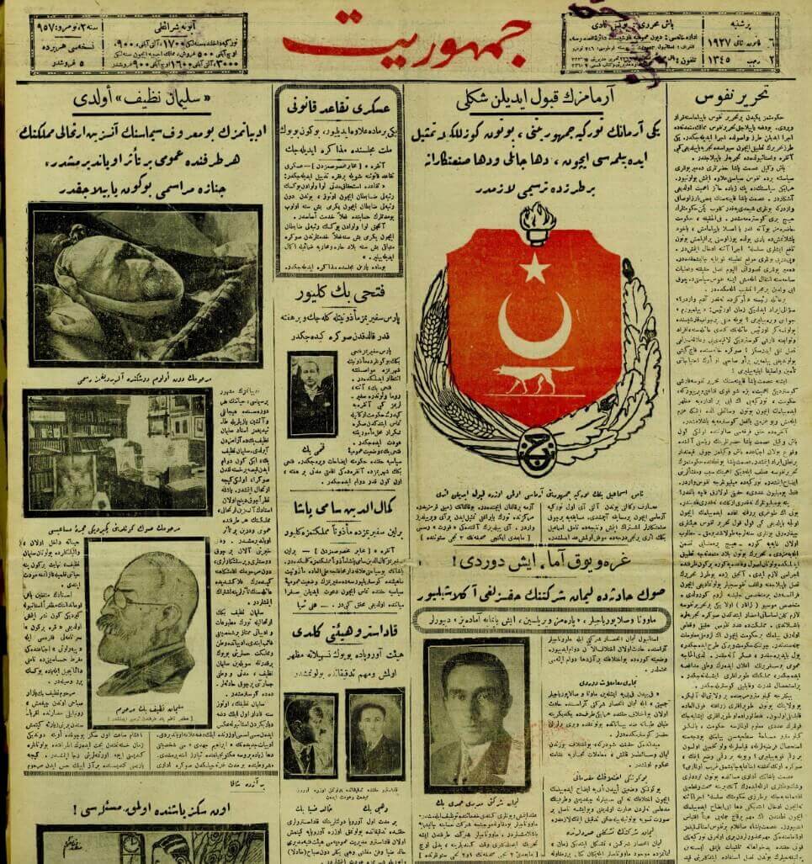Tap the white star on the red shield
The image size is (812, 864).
click(533, 268)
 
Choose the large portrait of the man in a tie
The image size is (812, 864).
click(476, 715)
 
